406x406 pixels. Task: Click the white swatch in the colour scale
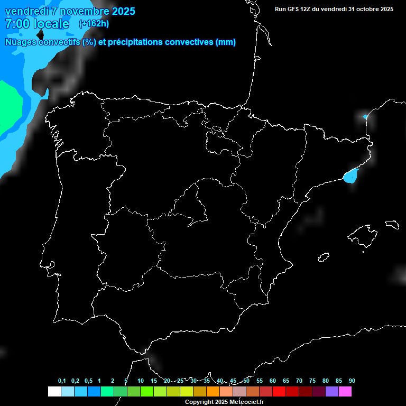(54, 391)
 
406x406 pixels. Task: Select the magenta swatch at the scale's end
(345, 391)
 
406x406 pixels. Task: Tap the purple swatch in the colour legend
(332, 391)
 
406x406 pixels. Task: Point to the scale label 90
(352, 381)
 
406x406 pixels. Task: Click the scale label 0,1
(62, 381)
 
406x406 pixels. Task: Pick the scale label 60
(272, 381)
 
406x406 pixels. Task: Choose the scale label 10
(140, 381)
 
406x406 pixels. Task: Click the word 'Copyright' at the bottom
(199, 402)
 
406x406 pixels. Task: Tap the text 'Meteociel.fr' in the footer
(247, 402)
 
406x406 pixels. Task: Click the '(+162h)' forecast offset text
(94, 24)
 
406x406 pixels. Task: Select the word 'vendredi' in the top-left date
(26, 11)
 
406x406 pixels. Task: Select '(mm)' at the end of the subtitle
(226, 42)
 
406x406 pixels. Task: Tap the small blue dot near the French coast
(365, 116)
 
